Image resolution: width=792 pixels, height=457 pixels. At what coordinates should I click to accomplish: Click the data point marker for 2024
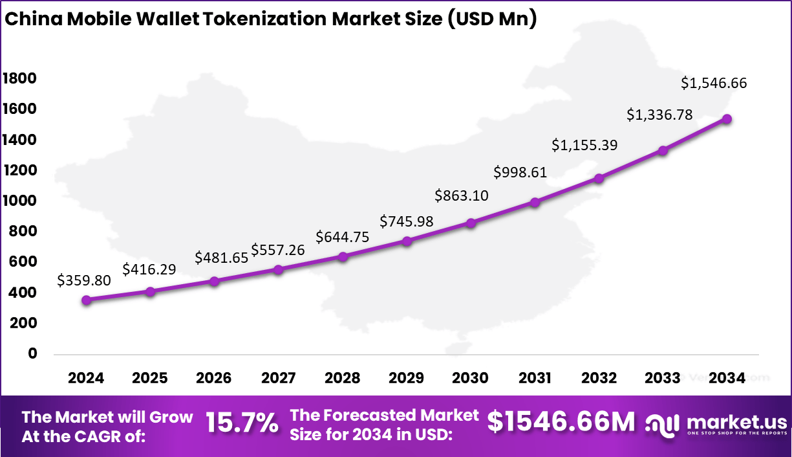tap(87, 300)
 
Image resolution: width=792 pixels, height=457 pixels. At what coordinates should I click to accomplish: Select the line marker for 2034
tap(727, 119)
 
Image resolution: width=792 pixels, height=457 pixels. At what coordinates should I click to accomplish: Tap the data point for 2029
tap(407, 241)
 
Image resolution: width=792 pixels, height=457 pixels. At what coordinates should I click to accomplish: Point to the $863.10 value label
tap(462, 195)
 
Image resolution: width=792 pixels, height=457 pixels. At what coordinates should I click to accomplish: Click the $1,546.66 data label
tap(714, 84)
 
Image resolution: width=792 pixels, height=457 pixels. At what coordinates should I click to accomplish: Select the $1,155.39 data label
tap(584, 145)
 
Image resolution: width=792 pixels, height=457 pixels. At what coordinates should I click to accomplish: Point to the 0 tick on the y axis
tap(32, 353)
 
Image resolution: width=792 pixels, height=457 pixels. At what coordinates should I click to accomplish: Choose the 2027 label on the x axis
tap(279, 378)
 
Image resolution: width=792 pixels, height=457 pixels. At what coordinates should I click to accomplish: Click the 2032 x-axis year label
tap(599, 378)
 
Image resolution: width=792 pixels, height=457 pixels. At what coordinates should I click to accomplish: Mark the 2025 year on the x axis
tap(151, 378)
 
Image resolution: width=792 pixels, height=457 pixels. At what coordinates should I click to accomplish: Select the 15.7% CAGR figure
tap(242, 423)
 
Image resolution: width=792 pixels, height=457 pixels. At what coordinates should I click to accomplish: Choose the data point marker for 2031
tap(535, 202)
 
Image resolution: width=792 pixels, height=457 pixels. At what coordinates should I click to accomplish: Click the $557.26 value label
tap(278, 249)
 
